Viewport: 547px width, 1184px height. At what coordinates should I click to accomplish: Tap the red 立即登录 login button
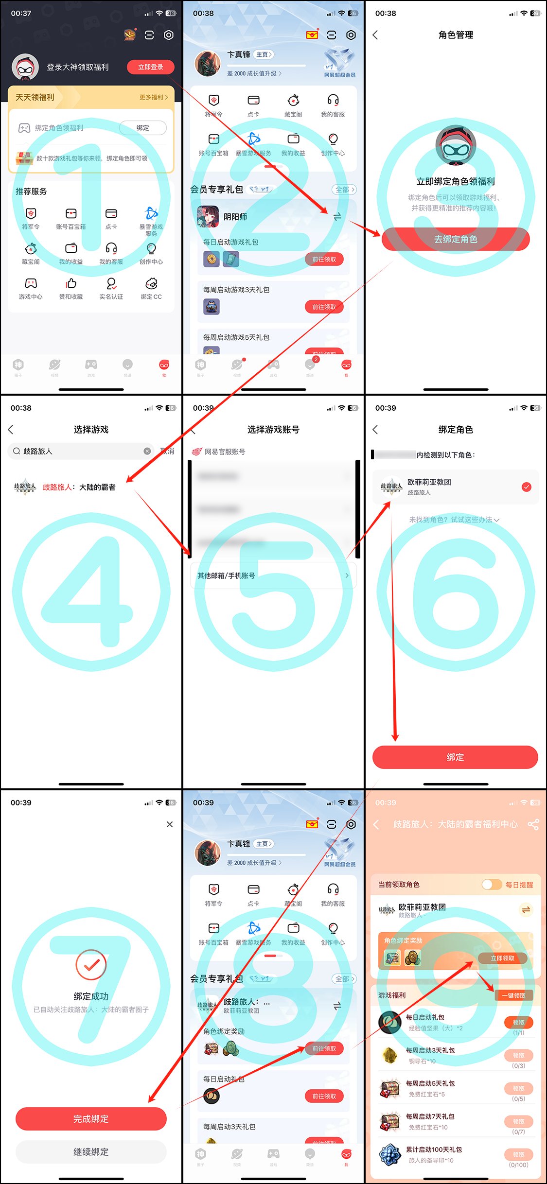pyautogui.click(x=150, y=67)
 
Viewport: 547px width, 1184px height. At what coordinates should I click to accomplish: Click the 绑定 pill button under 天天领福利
pyautogui.click(x=142, y=128)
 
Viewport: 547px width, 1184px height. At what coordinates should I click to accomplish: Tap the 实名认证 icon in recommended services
pyautogui.click(x=111, y=288)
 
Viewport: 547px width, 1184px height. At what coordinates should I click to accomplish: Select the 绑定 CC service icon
pyautogui.click(x=151, y=288)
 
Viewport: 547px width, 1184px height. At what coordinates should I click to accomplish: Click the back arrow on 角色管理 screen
pyautogui.click(x=375, y=35)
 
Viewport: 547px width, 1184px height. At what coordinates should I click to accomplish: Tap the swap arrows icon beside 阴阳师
pyautogui.click(x=337, y=217)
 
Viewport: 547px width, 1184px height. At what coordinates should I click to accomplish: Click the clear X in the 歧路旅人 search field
pyautogui.click(x=147, y=451)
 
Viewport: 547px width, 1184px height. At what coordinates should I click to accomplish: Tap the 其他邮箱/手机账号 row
pyautogui.click(x=273, y=575)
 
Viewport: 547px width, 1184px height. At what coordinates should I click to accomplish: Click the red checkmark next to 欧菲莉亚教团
pyautogui.click(x=527, y=487)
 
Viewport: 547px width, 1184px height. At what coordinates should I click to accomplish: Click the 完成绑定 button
pyautogui.click(x=91, y=1119)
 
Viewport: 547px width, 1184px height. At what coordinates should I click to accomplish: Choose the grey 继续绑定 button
pyautogui.click(x=91, y=1152)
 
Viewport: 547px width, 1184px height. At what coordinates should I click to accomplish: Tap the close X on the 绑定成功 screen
pyautogui.click(x=169, y=824)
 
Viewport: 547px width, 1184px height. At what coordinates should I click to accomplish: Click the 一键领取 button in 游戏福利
pyautogui.click(x=513, y=995)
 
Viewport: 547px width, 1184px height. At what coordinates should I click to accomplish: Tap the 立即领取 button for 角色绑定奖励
pyautogui.click(x=502, y=958)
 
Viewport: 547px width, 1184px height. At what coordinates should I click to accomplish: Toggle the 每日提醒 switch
pyautogui.click(x=492, y=885)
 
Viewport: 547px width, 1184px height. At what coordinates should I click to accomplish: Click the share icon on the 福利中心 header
pyautogui.click(x=533, y=824)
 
